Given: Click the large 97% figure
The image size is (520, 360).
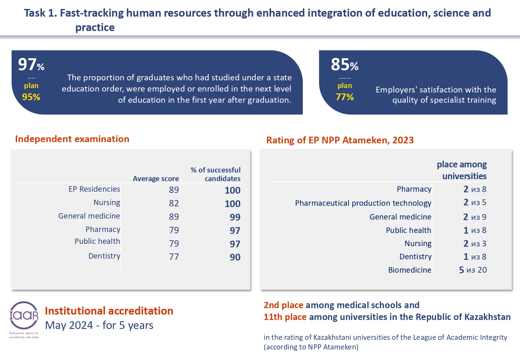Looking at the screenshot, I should click(x=31, y=65).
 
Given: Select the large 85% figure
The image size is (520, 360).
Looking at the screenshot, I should click(x=344, y=65).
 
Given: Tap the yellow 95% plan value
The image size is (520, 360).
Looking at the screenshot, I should click(x=31, y=97).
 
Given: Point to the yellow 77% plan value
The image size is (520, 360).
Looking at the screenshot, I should click(x=345, y=97).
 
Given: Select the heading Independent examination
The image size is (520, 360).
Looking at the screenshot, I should click(x=72, y=139).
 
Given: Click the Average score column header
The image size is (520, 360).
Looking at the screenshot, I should click(x=156, y=179).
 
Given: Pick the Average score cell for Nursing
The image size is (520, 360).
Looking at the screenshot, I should click(x=174, y=203).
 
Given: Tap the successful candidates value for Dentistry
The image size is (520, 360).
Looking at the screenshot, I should click(x=235, y=257).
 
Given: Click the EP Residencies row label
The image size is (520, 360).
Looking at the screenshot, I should click(x=94, y=189).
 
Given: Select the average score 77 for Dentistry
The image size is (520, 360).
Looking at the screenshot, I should click(x=174, y=257).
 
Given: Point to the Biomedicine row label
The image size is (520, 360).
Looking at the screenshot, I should click(x=410, y=270).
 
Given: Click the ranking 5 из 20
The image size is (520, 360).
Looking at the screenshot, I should click(x=473, y=270).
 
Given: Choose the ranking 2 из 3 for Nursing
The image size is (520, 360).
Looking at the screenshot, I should click(x=475, y=244).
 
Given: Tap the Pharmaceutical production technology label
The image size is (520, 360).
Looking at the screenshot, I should click(x=363, y=203).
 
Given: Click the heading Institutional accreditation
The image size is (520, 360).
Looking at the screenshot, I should click(x=109, y=311).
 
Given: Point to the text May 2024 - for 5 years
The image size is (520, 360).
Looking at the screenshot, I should click(x=99, y=325).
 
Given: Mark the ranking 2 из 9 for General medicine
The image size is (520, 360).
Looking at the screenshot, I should click(x=475, y=217).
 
